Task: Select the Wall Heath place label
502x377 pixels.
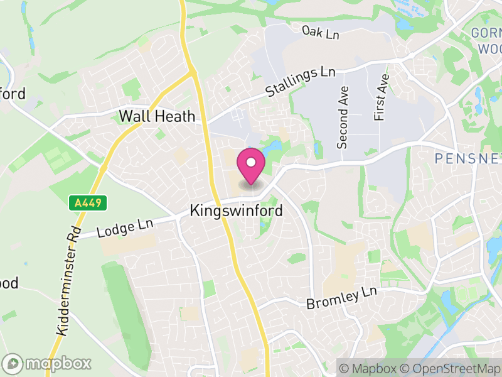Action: click(158, 116)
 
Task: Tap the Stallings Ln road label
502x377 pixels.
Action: click(301, 82)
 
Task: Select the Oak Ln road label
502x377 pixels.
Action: click(320, 32)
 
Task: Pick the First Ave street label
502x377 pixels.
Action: click(381, 97)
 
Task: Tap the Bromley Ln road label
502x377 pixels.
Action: click(342, 298)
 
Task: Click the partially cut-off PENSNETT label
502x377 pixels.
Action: click(467, 158)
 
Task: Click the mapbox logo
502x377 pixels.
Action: click(48, 363)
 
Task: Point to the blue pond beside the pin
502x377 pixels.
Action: click(274, 148)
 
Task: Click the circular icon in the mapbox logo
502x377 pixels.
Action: click(13, 363)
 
